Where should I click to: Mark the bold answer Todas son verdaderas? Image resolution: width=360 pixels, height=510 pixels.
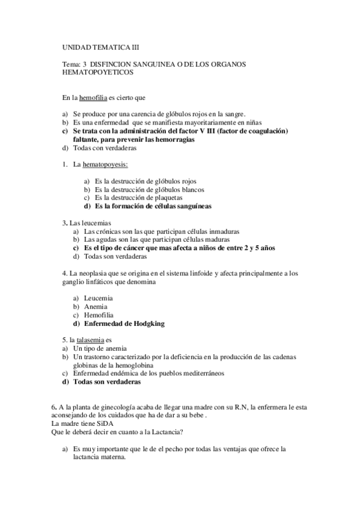(x=107, y=381)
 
